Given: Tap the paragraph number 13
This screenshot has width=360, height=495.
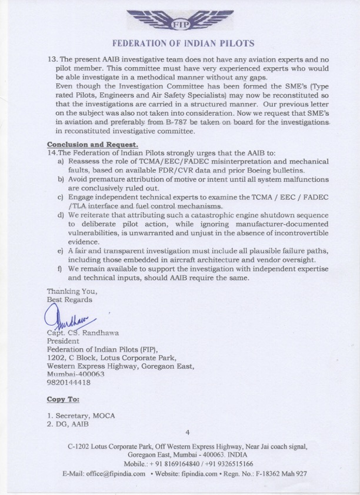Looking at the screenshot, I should [51, 60].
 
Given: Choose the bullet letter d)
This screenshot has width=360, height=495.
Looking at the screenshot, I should [61, 216].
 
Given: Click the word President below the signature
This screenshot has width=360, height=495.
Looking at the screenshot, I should [62, 341].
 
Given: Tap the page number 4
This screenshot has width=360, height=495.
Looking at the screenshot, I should [187, 433].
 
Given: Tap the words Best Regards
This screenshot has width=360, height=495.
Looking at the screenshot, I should [69, 299].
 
